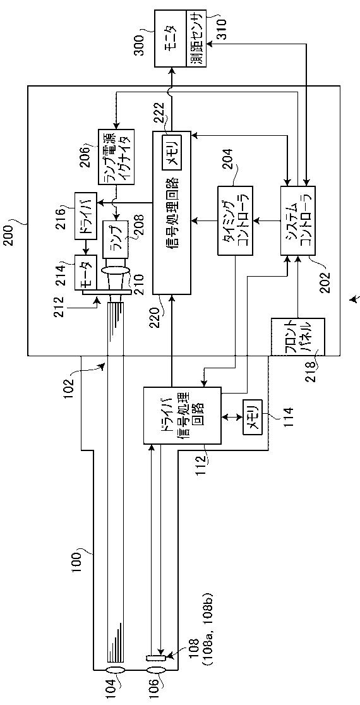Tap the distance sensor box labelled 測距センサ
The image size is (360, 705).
[x=196, y=40]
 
